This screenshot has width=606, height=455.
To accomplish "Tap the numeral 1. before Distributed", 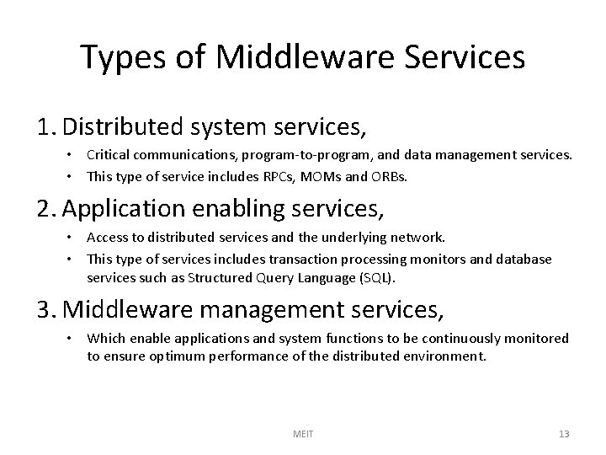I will [x=47, y=128].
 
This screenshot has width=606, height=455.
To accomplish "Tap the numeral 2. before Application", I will [x=48, y=207].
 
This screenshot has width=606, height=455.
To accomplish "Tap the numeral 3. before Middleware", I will [x=48, y=311].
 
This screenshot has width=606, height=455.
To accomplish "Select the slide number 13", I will [x=563, y=434].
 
